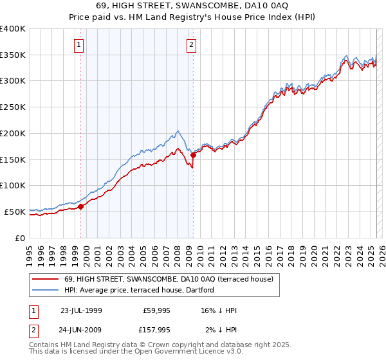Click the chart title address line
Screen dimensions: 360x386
[192, 6]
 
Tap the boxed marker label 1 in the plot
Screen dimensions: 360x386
[78, 44]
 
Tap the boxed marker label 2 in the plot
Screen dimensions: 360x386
[192, 44]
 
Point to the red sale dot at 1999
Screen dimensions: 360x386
[81, 206]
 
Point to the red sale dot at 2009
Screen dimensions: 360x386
[193, 155]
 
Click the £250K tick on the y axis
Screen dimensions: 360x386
[13, 107]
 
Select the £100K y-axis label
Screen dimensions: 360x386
[13, 185]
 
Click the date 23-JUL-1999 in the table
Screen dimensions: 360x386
[81, 310]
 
